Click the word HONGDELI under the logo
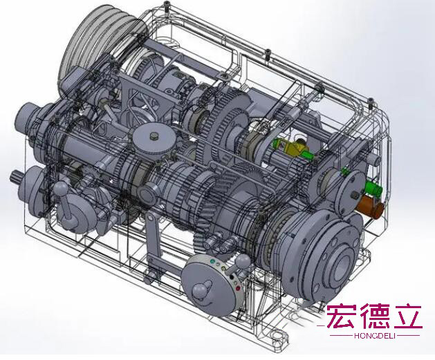[x=375, y=336]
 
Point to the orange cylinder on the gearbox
[x=371, y=206]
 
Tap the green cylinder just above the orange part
[x=373, y=189]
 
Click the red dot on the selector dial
[x=237, y=289]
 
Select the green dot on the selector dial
[x=213, y=261]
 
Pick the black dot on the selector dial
[x=232, y=276]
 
